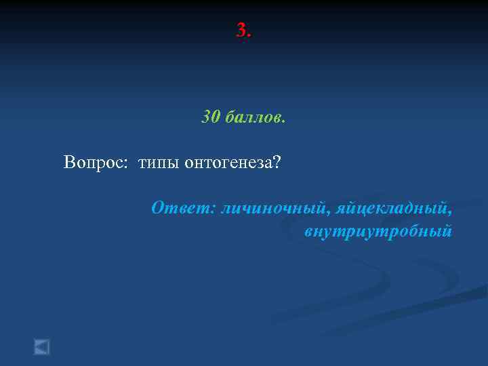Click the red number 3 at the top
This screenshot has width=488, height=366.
click(241, 30)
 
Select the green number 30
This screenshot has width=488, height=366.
click(210, 117)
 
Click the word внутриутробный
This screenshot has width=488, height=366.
click(378, 232)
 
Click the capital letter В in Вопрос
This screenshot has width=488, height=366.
click(68, 162)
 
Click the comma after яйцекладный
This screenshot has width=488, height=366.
click(451, 211)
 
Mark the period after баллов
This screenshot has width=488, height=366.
click(284, 121)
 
